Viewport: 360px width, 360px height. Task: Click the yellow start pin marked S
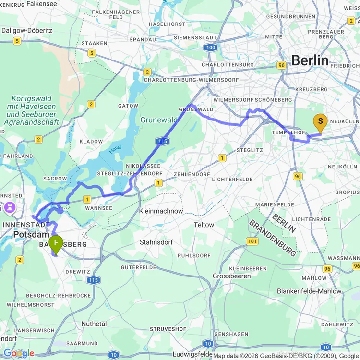click(x=320, y=122)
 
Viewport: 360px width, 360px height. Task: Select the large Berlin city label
click(x=310, y=60)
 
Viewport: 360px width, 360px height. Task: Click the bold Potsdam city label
click(x=32, y=235)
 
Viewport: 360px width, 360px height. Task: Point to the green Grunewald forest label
click(x=156, y=120)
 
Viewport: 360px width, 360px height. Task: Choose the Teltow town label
click(x=204, y=225)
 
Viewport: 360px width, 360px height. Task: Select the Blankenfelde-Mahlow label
click(x=309, y=291)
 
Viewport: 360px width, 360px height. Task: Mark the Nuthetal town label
click(x=94, y=324)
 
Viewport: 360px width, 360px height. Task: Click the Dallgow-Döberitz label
click(x=27, y=30)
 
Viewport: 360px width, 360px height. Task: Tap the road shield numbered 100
click(x=210, y=48)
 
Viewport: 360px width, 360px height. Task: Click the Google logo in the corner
click(x=19, y=354)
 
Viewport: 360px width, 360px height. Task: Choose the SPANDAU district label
click(x=142, y=39)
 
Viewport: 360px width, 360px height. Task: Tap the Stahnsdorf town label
click(x=156, y=242)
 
